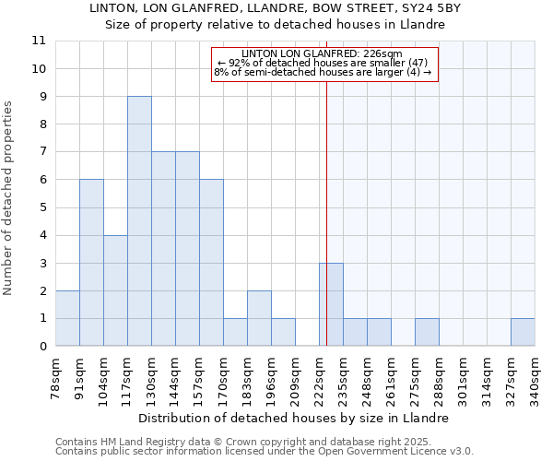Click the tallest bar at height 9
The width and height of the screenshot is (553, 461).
139,221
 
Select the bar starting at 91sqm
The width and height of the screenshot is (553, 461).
91,263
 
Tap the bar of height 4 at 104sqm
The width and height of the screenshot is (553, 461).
115,290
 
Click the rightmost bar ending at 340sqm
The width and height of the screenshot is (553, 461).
523,332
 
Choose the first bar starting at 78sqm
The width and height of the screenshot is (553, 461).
67,318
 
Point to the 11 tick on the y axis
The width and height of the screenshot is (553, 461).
39,41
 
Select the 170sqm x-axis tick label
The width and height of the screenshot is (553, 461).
223,378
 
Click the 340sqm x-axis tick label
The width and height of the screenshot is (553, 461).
535,378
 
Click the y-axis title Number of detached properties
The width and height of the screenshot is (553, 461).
9,198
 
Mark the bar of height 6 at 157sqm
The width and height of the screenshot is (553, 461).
211,263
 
